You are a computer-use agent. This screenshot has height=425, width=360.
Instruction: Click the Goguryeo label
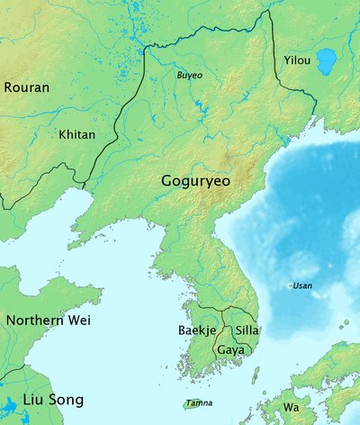click(x=195, y=181)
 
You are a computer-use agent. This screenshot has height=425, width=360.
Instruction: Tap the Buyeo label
click(x=189, y=76)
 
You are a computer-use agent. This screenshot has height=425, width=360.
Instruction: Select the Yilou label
click(x=296, y=60)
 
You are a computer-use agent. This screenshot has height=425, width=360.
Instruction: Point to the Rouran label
click(x=27, y=87)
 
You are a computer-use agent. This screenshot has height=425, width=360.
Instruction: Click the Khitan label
click(x=76, y=134)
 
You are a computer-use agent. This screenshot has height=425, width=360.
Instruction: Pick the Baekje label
click(x=196, y=330)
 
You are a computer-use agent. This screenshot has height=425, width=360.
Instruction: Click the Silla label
click(x=247, y=330)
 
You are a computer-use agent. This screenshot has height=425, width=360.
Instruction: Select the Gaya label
click(x=230, y=348)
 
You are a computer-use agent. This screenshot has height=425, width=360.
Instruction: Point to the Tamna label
click(x=199, y=402)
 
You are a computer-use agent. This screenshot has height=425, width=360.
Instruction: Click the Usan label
click(x=303, y=285)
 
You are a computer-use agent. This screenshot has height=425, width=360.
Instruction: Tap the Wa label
click(x=291, y=407)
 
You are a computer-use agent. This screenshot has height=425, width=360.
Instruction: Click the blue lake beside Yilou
click(x=325, y=61)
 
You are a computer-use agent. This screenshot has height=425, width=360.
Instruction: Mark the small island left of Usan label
click(x=290, y=285)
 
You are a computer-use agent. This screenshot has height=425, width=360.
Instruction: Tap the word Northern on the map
click(x=34, y=320)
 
